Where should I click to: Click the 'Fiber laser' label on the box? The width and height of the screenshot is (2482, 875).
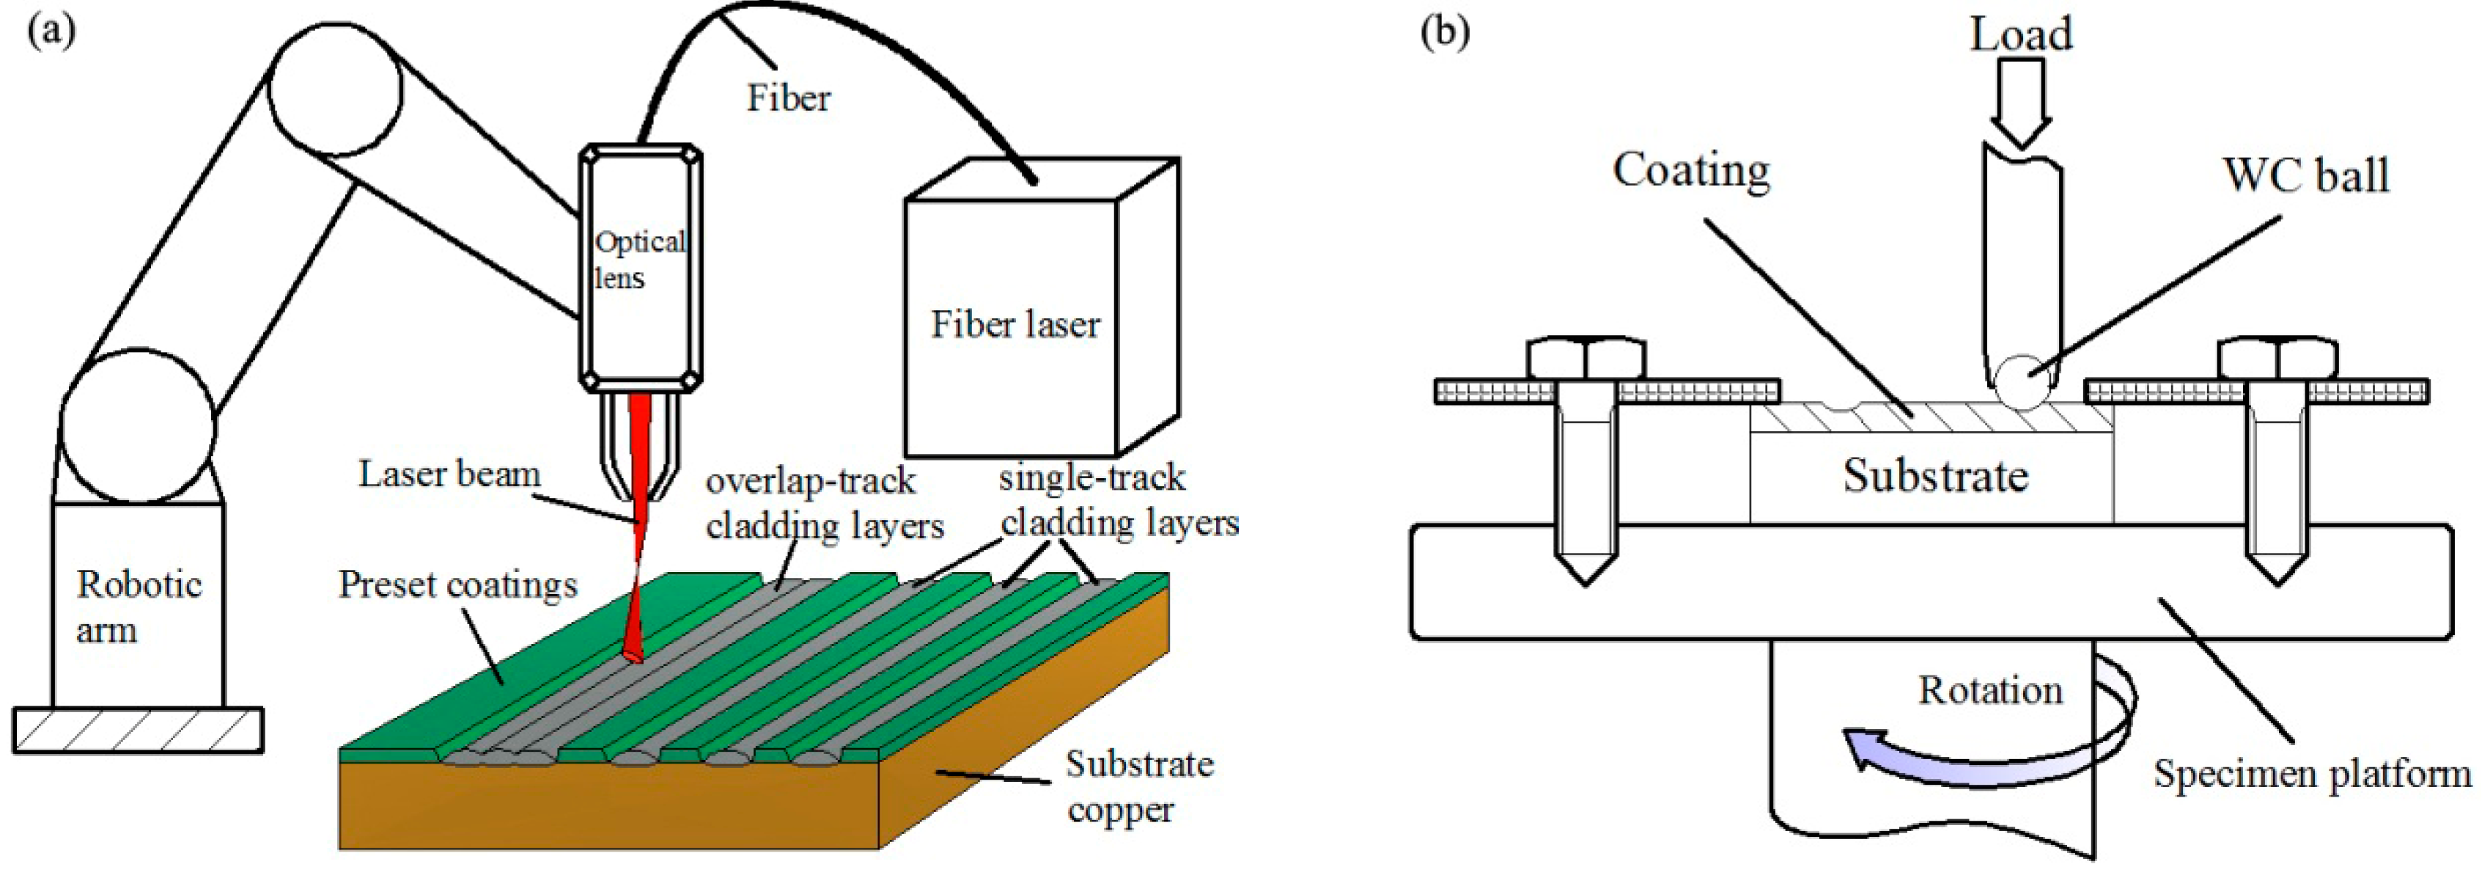[x=1014, y=325]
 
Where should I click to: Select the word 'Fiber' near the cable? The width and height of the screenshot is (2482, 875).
[x=788, y=98]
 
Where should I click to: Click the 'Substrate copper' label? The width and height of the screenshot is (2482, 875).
[x=1138, y=786]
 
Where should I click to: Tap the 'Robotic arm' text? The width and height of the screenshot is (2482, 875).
[x=138, y=606]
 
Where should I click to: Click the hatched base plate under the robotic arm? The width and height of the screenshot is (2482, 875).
[x=138, y=730]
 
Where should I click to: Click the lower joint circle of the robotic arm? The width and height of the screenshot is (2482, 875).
[x=138, y=425]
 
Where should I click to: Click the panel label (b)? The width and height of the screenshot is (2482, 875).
[x=1446, y=31]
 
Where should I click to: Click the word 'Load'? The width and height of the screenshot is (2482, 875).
[x=2020, y=34]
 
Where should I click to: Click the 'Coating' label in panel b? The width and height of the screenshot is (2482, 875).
[x=1691, y=171]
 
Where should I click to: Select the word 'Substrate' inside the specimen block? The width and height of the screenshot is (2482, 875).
[x=1934, y=475]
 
